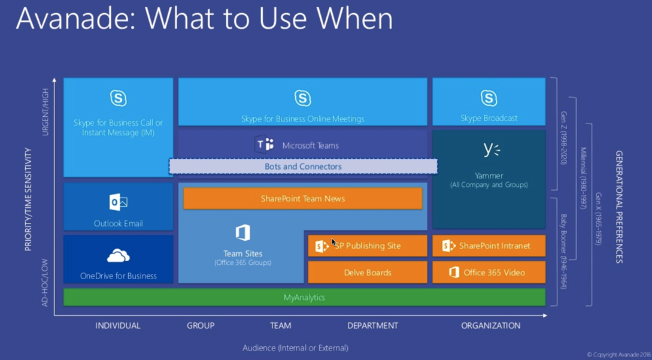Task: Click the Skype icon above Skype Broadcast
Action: click(489, 98)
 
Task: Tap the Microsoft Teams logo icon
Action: click(265, 145)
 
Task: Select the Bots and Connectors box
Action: click(303, 167)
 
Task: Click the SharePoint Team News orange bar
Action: click(302, 199)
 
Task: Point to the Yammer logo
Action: click(492, 149)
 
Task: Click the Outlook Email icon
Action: click(118, 202)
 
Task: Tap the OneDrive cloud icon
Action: click(118, 256)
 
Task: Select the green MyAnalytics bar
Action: click(304, 297)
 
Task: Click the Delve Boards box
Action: click(368, 273)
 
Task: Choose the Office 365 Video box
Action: click(489, 273)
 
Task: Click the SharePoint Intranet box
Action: click(489, 246)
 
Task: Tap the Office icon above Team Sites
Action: click(242, 232)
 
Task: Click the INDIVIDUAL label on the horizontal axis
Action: click(118, 326)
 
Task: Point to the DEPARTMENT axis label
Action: click(372, 326)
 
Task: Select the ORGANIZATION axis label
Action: click(490, 326)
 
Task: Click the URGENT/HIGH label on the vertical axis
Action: click(46, 112)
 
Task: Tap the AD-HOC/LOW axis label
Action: click(46, 283)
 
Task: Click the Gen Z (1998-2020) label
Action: click(563, 138)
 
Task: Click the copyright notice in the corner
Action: click(618, 355)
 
